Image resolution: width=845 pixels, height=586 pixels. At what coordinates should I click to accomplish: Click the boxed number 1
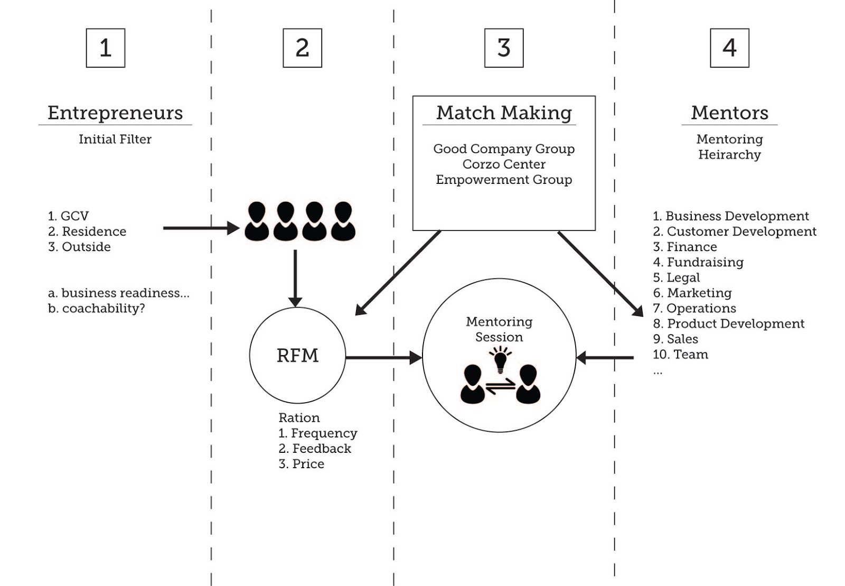(106, 48)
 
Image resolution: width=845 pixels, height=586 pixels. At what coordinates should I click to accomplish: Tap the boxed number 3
(504, 48)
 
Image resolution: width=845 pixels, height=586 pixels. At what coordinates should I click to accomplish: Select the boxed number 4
(729, 48)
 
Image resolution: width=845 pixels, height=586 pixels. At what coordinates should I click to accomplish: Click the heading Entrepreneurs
(115, 113)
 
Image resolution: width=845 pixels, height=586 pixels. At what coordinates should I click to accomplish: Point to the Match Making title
(504, 113)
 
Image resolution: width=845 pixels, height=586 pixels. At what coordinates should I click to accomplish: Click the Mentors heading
(729, 113)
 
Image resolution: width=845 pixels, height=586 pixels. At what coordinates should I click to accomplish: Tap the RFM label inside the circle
(297, 356)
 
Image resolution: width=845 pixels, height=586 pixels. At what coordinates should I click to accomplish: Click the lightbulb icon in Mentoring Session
(500, 360)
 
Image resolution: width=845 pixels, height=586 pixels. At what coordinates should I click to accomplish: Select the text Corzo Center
(504, 164)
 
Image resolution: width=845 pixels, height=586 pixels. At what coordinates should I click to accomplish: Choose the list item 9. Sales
(675, 339)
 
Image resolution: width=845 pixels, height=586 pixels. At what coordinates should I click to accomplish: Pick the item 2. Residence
(87, 231)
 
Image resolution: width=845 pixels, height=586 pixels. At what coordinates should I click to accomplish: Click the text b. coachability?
(96, 309)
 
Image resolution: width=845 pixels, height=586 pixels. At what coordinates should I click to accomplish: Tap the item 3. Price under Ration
(302, 464)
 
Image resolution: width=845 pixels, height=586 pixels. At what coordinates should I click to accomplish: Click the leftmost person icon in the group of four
(257, 221)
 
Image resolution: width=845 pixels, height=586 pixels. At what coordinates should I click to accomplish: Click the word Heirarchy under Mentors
(729, 155)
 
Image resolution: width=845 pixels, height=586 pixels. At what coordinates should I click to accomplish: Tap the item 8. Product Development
(729, 324)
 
